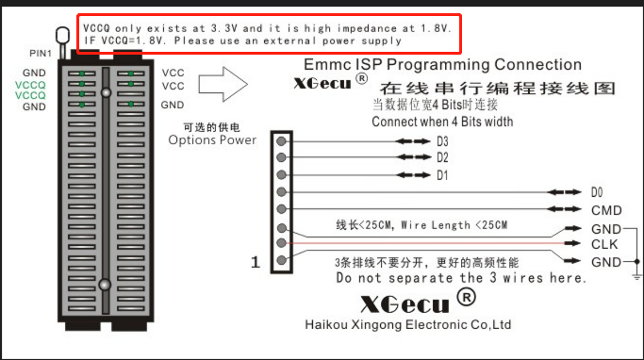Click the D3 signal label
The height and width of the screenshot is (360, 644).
(442, 141)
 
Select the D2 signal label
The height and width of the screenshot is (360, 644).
(442, 157)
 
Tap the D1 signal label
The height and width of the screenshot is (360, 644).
(442, 175)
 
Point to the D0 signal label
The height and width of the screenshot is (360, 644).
(597, 192)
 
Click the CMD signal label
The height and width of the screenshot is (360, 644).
(606, 210)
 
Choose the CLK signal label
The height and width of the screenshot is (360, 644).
(604, 244)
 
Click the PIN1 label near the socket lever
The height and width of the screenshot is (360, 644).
(41, 54)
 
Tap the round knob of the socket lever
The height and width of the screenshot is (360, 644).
(62, 35)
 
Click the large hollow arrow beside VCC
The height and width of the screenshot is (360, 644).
(223, 84)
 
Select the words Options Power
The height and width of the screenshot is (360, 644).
(212, 140)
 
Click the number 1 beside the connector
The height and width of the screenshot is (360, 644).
(256, 262)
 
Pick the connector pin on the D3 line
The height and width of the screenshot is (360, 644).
(281, 141)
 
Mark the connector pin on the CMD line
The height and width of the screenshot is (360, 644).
(281, 209)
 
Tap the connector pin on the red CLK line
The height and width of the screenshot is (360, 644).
(281, 242)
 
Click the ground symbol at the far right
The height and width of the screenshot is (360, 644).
(637, 276)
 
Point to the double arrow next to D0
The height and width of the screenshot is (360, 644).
(564, 192)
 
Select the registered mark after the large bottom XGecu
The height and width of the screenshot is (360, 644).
(466, 297)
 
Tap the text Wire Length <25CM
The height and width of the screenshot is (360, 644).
(454, 225)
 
